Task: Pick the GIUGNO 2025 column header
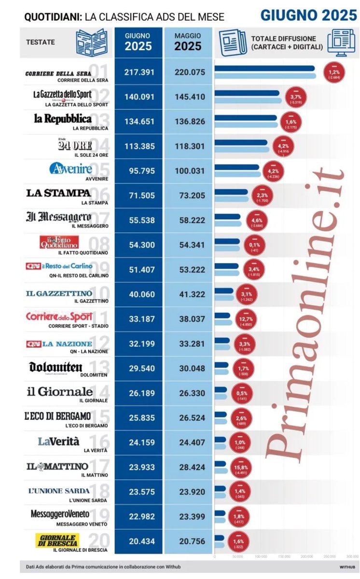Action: point(138,42)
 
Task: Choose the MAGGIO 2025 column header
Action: point(188,42)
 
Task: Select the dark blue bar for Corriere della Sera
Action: point(264,69)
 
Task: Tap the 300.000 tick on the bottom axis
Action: point(352,556)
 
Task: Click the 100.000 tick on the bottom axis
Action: point(261,556)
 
